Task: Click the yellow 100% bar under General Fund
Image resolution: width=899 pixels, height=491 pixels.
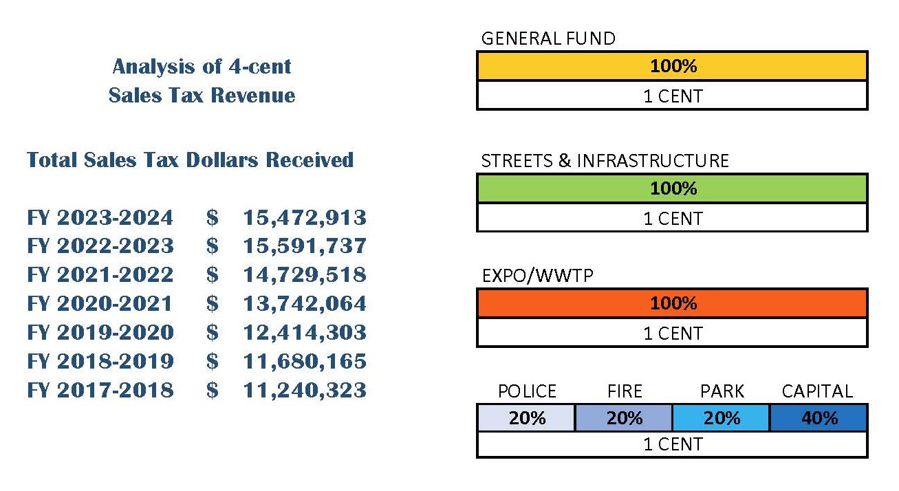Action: (672, 66)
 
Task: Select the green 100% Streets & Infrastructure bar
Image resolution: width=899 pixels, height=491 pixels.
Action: (672, 188)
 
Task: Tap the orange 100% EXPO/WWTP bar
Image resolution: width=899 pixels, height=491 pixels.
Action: (672, 303)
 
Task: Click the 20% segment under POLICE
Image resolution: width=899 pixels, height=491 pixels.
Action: (526, 418)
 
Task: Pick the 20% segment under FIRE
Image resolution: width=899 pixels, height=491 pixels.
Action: (624, 418)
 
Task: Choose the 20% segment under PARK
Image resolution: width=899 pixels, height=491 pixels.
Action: (721, 418)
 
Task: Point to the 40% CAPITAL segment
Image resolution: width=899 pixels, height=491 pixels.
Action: (819, 418)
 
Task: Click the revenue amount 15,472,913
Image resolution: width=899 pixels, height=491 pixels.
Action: (305, 218)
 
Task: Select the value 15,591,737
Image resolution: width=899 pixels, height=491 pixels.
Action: (305, 246)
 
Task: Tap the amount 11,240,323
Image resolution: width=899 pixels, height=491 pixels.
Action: (305, 391)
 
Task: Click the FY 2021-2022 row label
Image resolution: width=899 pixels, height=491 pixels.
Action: (100, 275)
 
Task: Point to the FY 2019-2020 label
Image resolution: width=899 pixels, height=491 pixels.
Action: (100, 333)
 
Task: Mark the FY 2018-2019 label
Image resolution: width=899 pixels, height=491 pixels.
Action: (100, 362)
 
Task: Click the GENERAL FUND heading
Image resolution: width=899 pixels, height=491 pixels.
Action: (548, 39)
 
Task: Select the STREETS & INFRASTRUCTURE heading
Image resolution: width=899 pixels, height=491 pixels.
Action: (605, 161)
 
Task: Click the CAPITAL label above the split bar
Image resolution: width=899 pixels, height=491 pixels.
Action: (817, 391)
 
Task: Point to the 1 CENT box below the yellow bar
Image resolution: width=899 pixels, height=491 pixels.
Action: (672, 96)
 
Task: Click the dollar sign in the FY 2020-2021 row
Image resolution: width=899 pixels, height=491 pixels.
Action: (212, 304)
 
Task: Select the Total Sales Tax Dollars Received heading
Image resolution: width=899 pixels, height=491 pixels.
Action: (190, 160)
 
